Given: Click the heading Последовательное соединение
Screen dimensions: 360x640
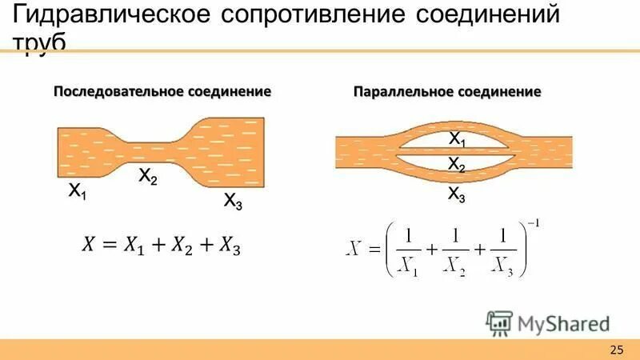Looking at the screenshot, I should [x=162, y=91].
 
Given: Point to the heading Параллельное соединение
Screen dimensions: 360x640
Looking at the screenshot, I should [x=447, y=92].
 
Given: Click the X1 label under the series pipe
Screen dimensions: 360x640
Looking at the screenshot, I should [x=78, y=191].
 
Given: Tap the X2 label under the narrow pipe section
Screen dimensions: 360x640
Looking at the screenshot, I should [x=147, y=176].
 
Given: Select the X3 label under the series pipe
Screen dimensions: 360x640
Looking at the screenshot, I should [x=232, y=201].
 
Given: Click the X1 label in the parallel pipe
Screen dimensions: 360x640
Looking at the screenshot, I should [x=457, y=139].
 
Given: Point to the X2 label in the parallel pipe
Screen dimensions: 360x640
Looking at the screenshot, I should [x=457, y=165].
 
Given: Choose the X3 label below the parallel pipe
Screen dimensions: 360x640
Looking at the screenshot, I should [x=457, y=194].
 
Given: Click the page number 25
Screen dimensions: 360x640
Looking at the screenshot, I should [x=616, y=349].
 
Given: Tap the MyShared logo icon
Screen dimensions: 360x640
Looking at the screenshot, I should [x=499, y=323].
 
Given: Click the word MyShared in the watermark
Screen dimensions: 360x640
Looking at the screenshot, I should [x=564, y=324].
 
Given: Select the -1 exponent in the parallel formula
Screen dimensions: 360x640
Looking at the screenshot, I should [x=533, y=223].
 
